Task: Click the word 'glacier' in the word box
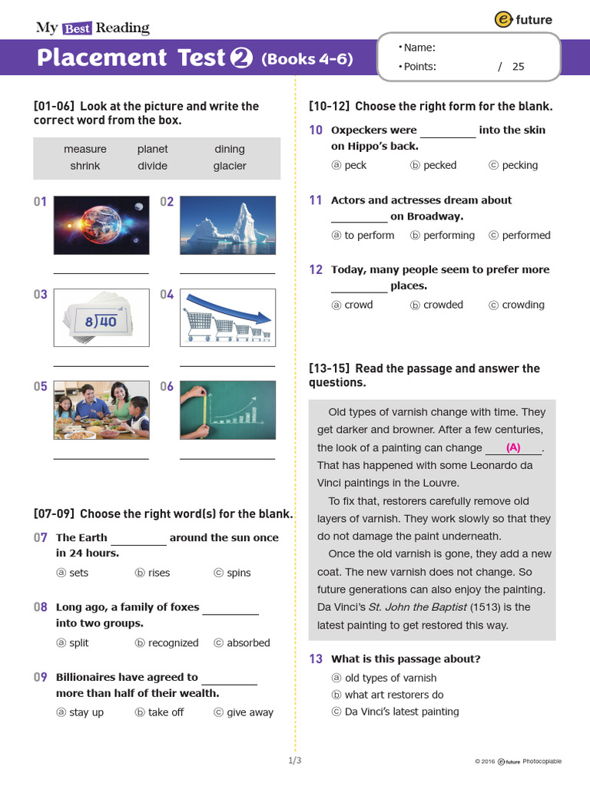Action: tap(230, 166)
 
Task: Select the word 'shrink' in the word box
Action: tap(85, 166)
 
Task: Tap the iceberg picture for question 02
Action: tap(227, 224)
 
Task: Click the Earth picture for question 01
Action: tap(101, 224)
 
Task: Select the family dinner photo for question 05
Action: tap(101, 410)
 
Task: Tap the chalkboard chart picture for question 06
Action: tap(227, 410)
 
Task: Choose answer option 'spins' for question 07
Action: tap(238, 573)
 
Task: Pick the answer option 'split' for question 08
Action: tap(78, 643)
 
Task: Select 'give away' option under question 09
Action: tap(250, 712)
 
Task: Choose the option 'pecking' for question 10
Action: tap(519, 165)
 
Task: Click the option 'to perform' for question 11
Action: tap(369, 236)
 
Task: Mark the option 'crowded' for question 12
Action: tap(442, 305)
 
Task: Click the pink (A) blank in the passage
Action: tap(513, 447)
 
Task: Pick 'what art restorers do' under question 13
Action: tap(394, 695)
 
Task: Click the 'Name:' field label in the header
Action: tap(419, 48)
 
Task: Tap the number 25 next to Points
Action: tap(519, 67)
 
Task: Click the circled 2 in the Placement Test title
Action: tap(241, 58)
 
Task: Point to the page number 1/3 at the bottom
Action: tap(295, 761)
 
